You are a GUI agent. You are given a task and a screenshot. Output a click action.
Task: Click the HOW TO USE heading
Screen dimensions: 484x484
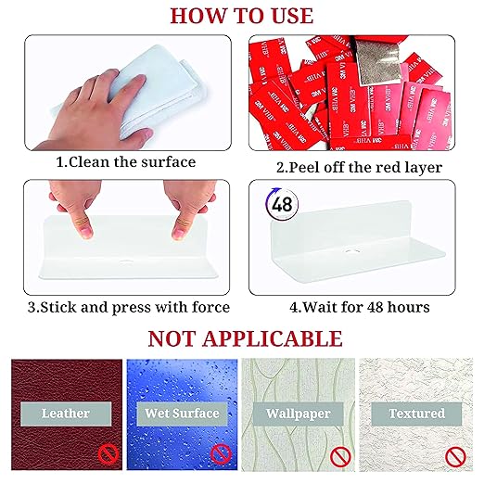pyautogui.click(x=242, y=16)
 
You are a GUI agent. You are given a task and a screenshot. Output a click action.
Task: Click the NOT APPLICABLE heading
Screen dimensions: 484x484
pyautogui.click(x=245, y=338)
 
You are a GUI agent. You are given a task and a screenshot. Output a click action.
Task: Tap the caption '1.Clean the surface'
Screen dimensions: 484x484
pyautogui.click(x=126, y=162)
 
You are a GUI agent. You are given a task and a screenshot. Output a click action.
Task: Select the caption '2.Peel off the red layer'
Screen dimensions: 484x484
pyautogui.click(x=359, y=168)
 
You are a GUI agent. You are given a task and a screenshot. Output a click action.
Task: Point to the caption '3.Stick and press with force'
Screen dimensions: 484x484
pyautogui.click(x=129, y=307)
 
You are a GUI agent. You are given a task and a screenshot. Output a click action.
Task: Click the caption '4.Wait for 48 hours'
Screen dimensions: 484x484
pyautogui.click(x=360, y=307)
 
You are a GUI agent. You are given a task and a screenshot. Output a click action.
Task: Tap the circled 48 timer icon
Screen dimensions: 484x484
pyautogui.click(x=282, y=204)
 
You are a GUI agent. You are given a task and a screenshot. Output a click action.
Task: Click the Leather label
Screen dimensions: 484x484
pyautogui.click(x=66, y=414)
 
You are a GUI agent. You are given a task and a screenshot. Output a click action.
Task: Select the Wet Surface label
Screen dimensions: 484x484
pyautogui.click(x=182, y=414)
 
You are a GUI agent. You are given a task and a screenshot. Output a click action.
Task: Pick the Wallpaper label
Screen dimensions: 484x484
pyautogui.click(x=299, y=414)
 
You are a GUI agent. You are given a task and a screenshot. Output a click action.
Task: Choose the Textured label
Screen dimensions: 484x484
pyautogui.click(x=416, y=414)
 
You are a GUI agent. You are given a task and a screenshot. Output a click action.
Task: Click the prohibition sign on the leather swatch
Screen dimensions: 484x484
pyautogui.click(x=108, y=454)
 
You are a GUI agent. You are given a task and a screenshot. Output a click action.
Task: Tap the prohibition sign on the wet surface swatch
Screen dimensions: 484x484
pyautogui.click(x=221, y=454)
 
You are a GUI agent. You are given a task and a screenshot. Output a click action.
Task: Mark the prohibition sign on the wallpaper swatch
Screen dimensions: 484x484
pyautogui.click(x=340, y=457)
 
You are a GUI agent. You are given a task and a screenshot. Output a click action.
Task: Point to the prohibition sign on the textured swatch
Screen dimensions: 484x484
pyautogui.click(x=455, y=457)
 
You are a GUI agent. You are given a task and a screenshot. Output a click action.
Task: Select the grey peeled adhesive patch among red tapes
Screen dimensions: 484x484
pyautogui.click(x=376, y=62)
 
